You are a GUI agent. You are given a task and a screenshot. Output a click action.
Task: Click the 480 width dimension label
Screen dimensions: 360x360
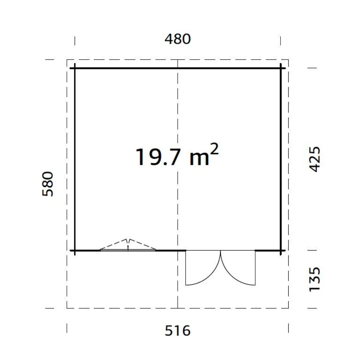[x=178, y=39]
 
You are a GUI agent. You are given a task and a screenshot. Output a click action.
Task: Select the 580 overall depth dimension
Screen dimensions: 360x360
[x=48, y=184]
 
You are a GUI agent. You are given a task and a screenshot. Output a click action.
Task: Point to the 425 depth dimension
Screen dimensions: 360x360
[x=315, y=159]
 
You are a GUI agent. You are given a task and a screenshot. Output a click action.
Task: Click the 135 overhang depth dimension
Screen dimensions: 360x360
[x=315, y=280]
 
